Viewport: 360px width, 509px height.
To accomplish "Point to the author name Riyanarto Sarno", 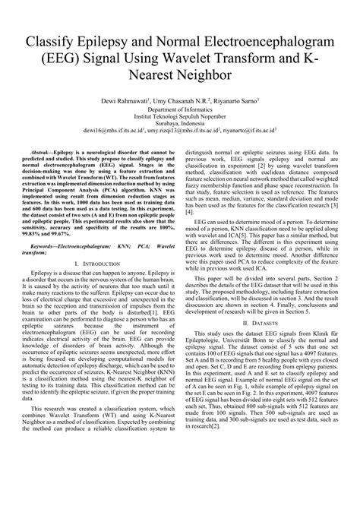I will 231,100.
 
